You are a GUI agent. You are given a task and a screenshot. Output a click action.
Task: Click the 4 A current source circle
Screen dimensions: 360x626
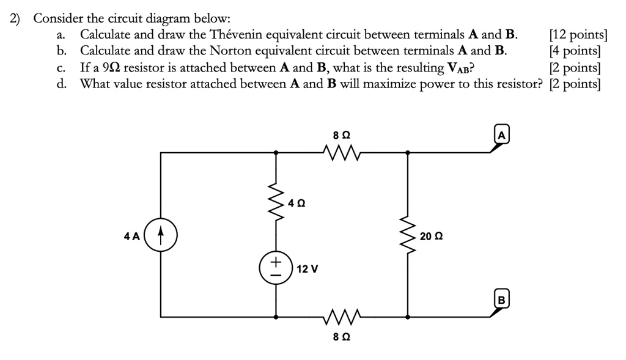pyautogui.click(x=161, y=236)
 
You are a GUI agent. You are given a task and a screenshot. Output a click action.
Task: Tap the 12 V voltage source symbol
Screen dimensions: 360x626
pyautogui.click(x=276, y=268)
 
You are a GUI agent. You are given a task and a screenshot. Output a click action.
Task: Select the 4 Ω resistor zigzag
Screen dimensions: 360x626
pyautogui.click(x=276, y=200)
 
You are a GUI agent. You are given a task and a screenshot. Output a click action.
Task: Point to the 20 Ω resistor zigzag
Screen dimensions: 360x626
pyautogui.click(x=407, y=235)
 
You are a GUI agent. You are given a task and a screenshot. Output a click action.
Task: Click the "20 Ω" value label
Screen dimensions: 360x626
pyautogui.click(x=430, y=236)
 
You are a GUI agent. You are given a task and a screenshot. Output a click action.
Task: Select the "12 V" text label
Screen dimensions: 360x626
pyautogui.click(x=307, y=269)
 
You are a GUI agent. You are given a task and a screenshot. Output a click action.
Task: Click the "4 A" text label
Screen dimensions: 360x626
pyautogui.click(x=131, y=236)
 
